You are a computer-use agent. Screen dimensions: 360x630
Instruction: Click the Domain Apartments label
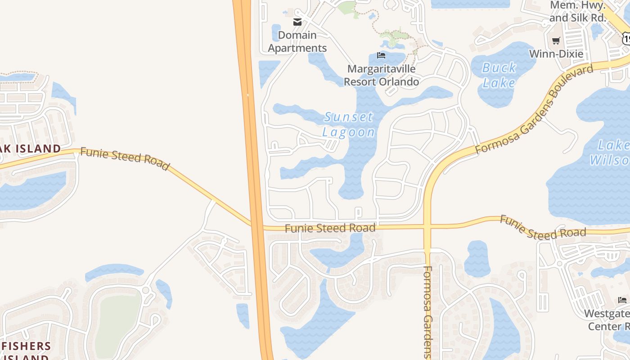(x=297, y=41)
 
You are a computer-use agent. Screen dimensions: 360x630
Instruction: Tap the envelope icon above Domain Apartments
(x=297, y=22)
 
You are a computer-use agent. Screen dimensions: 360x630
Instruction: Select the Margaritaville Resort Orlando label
(x=381, y=75)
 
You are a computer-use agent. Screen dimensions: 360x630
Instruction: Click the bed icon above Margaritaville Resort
(x=381, y=56)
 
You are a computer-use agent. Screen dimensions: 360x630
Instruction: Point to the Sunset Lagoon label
(x=349, y=125)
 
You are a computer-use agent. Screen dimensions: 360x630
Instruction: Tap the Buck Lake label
(x=499, y=75)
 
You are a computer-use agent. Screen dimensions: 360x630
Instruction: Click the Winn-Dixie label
(x=556, y=54)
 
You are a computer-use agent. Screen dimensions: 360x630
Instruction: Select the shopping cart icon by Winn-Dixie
(x=556, y=41)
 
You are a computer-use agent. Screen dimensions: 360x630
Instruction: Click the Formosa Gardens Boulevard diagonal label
(x=534, y=111)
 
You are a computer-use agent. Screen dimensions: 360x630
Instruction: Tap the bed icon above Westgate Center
(x=622, y=300)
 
